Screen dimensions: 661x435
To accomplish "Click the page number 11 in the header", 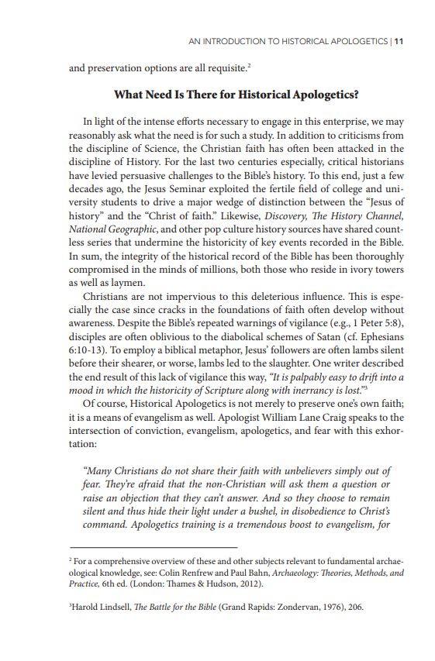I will click(399, 41).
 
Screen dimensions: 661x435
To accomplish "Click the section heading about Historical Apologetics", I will click(236, 95).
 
